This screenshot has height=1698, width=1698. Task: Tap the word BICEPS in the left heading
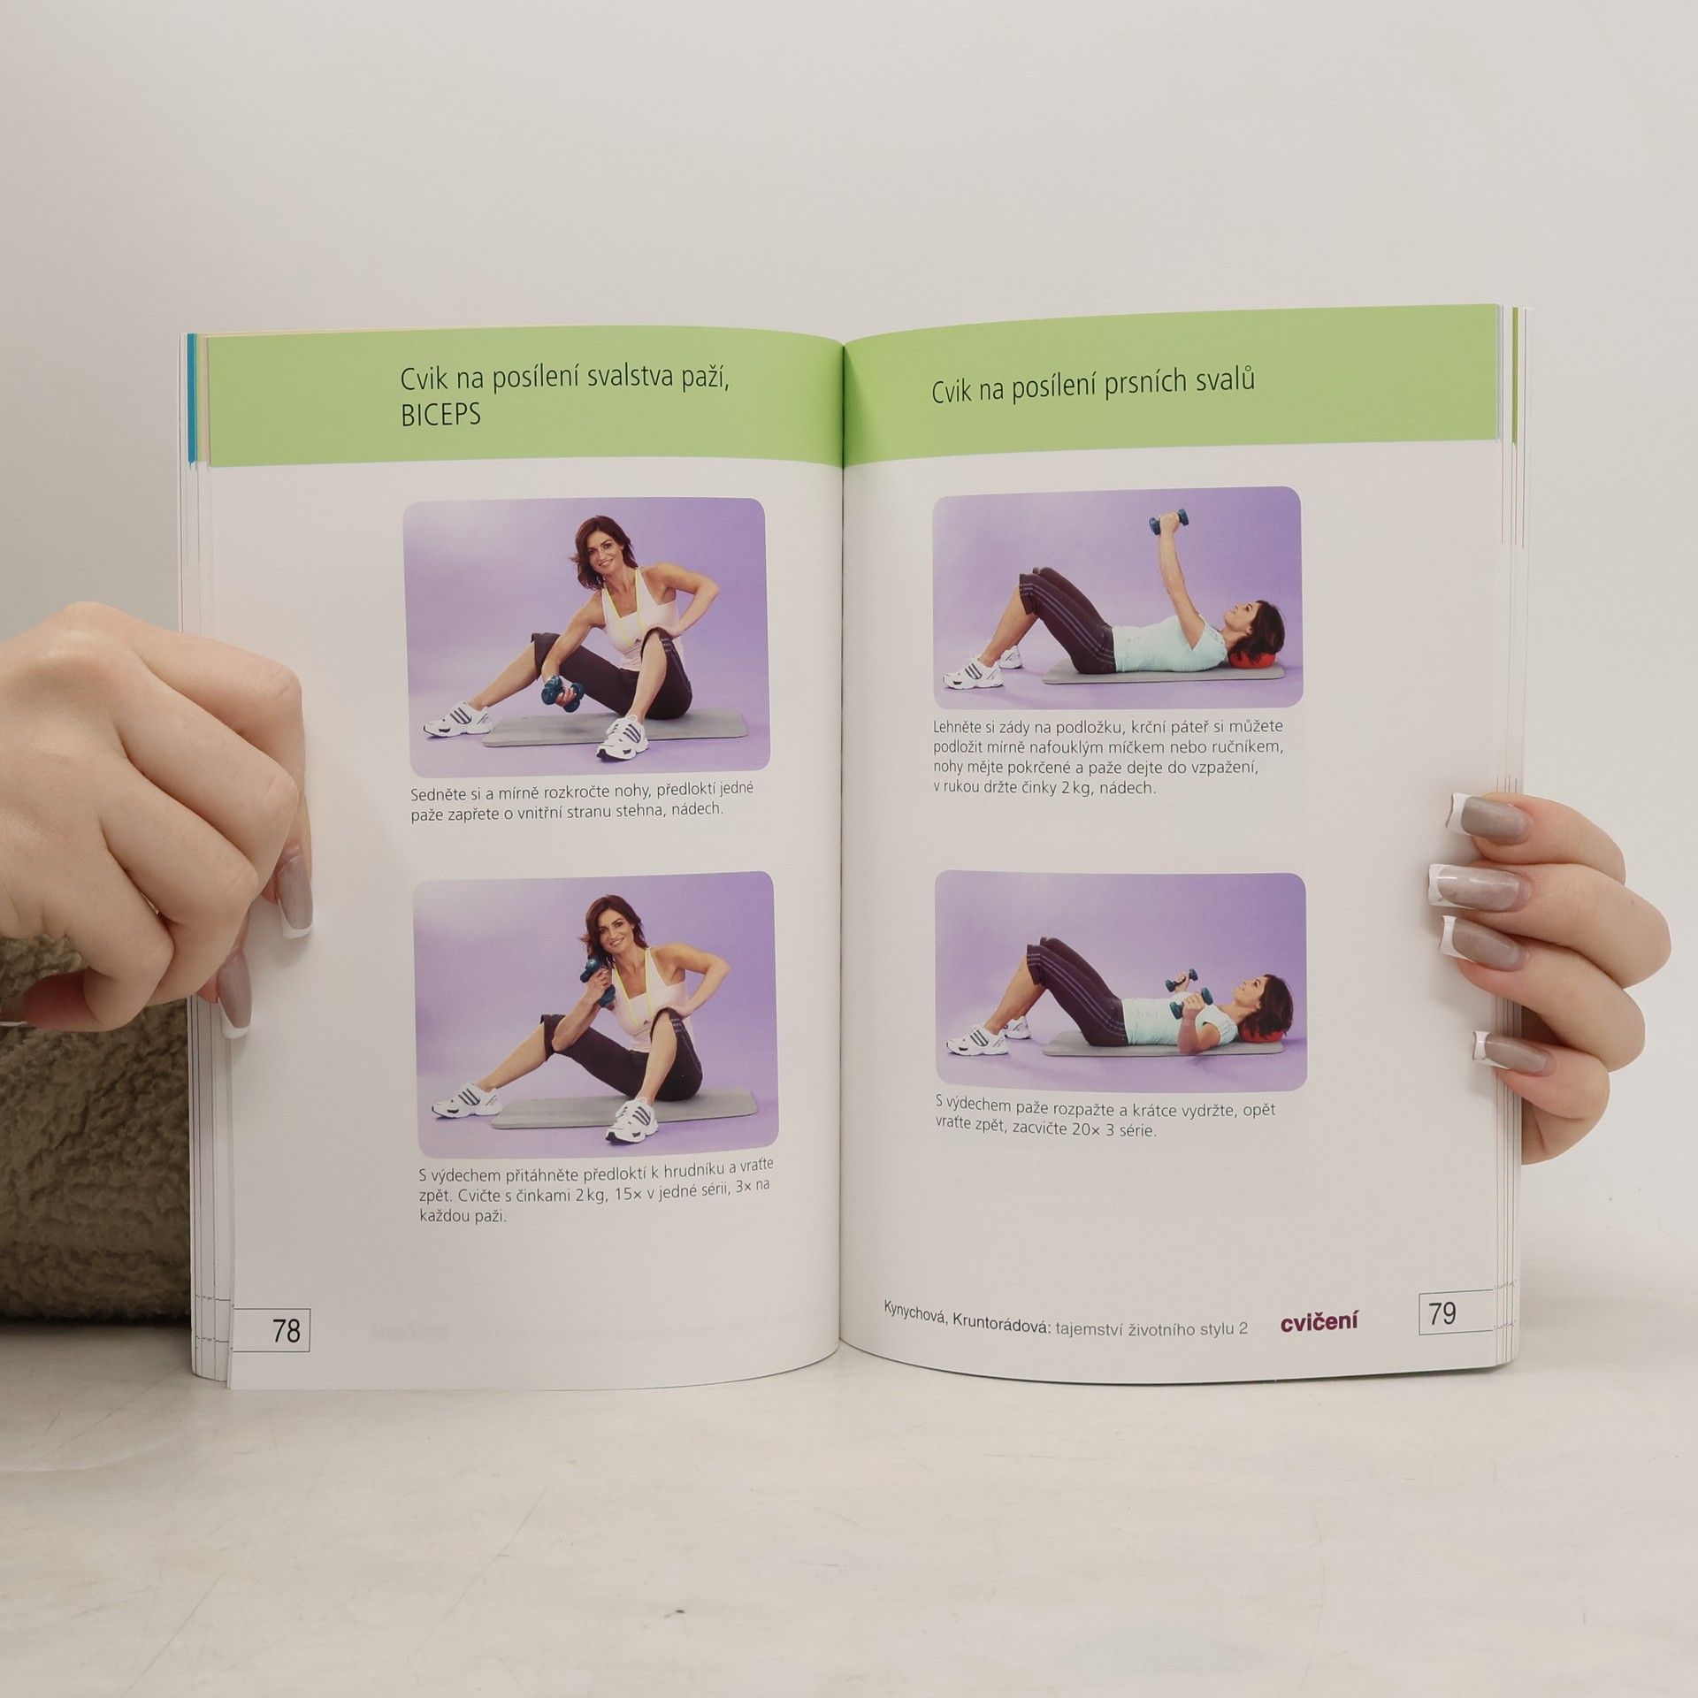coord(440,416)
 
